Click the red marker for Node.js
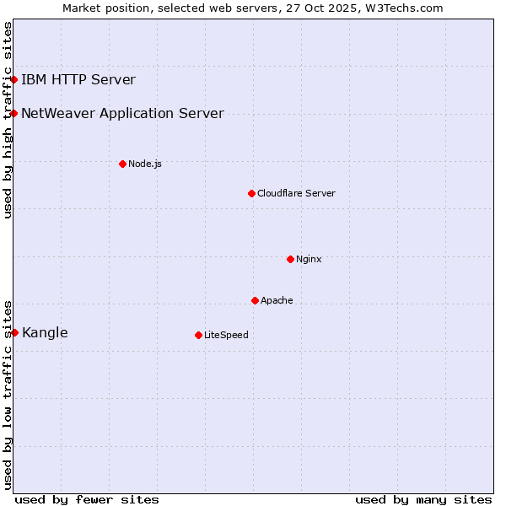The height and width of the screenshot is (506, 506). [x=122, y=164]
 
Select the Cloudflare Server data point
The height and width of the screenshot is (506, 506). [x=251, y=193]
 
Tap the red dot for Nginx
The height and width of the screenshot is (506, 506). [x=290, y=259]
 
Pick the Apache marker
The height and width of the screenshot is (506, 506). [x=255, y=300]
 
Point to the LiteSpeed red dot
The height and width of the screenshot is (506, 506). [x=198, y=335]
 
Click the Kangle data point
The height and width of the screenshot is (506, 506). [x=14, y=332]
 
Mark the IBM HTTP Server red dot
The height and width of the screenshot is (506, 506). [x=14, y=80]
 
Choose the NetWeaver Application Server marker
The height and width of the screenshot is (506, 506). [x=14, y=113]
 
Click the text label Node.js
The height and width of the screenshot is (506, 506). [x=145, y=164]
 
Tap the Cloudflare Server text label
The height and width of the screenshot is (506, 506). [x=296, y=193]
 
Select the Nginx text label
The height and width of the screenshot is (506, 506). [x=309, y=259]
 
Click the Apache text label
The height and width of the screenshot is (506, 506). [x=277, y=300]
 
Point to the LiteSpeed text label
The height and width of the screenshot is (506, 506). [x=226, y=335]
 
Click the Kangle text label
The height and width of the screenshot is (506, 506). [x=45, y=332]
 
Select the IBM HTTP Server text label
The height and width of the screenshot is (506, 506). [x=78, y=80]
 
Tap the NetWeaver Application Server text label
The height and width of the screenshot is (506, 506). [x=122, y=113]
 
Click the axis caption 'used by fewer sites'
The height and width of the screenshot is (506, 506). [x=87, y=499]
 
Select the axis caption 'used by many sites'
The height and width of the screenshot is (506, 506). [x=423, y=499]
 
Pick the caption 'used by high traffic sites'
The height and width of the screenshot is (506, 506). [x=8, y=120]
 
